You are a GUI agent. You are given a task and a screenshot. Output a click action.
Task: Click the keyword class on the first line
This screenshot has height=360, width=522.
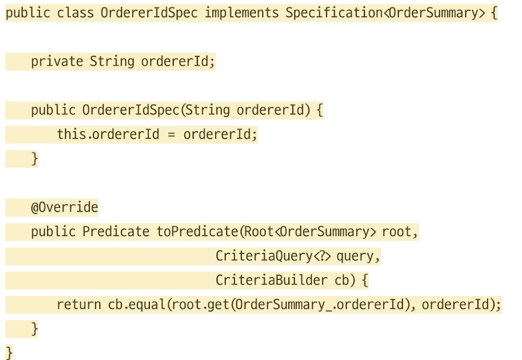(75, 13)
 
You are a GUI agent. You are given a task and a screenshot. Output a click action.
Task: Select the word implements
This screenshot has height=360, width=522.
(241, 13)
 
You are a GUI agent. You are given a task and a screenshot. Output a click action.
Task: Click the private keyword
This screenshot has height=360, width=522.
(56, 61)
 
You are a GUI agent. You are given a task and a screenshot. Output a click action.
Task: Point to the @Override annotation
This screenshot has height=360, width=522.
(64, 207)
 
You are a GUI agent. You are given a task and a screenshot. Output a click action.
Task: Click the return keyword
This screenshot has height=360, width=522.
(78, 305)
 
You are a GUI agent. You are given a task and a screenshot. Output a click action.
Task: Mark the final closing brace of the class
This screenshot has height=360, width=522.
(9, 352)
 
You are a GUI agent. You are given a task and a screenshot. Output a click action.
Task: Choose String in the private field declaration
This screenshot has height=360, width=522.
(112, 61)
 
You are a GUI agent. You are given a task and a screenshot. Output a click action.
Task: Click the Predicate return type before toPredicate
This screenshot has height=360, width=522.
(115, 232)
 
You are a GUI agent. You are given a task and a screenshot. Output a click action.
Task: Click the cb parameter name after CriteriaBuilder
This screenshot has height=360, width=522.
(341, 280)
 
